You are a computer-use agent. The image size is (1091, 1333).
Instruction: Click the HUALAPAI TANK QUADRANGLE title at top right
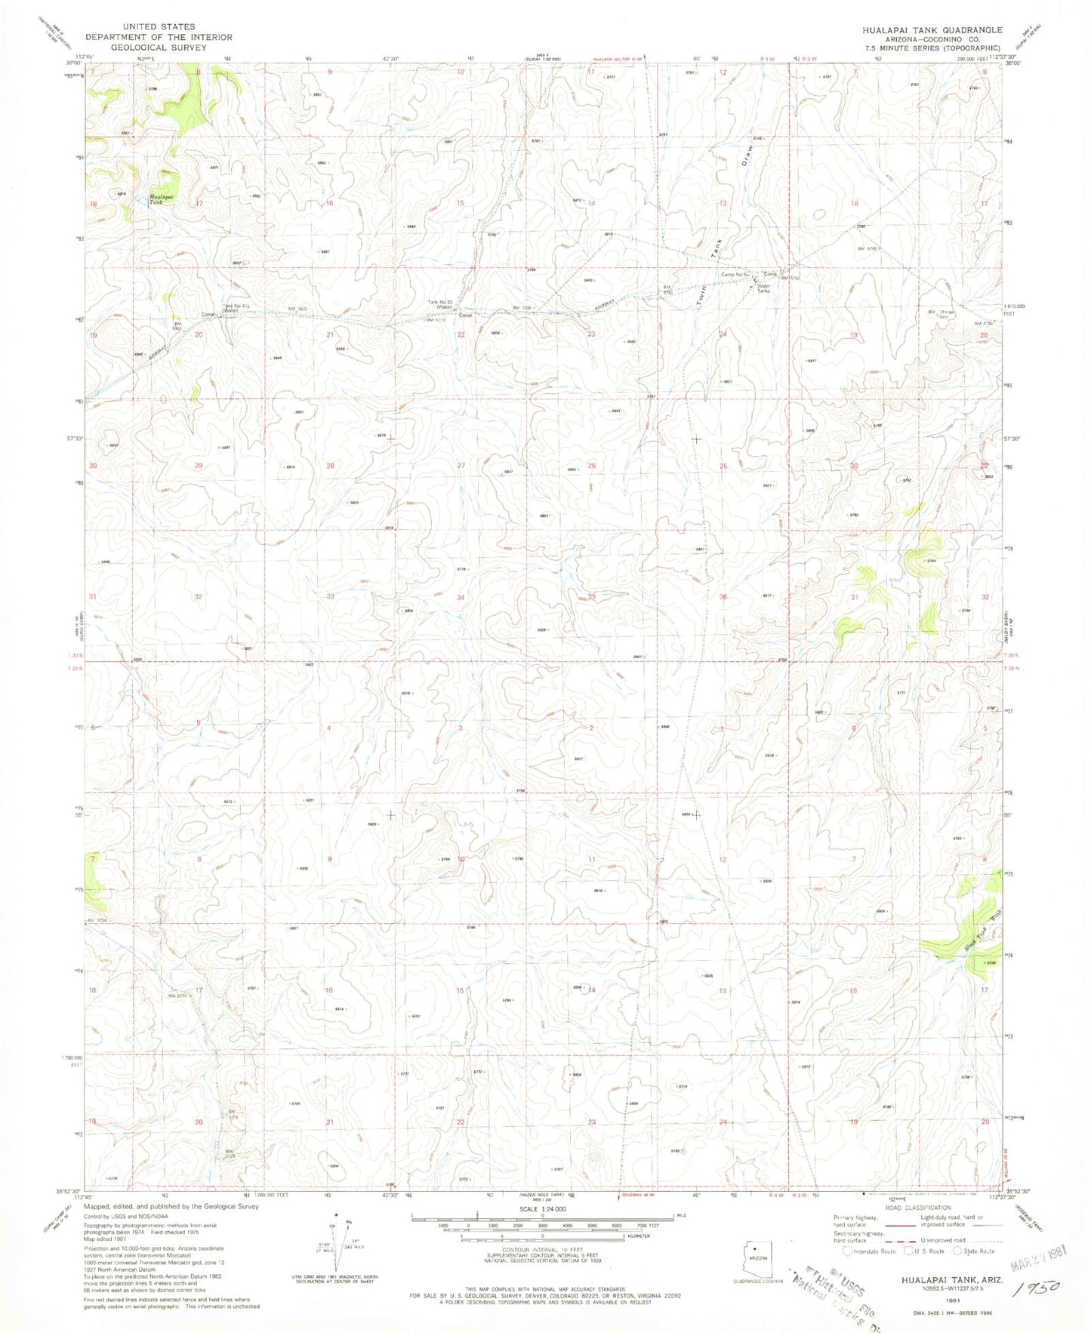(932, 29)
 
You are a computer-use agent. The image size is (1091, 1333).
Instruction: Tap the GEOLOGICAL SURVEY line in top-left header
(159, 48)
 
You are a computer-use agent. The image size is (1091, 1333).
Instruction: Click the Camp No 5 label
(735, 275)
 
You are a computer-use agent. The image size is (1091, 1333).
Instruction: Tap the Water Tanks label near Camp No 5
(763, 288)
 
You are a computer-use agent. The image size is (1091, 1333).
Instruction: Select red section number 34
(461, 597)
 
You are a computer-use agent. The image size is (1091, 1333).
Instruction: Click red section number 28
(330, 466)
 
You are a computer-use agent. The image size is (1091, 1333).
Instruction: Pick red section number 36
(723, 597)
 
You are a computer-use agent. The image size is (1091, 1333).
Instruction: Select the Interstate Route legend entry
(870, 1251)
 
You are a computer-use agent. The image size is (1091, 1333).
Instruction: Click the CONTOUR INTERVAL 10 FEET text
(541, 1250)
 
